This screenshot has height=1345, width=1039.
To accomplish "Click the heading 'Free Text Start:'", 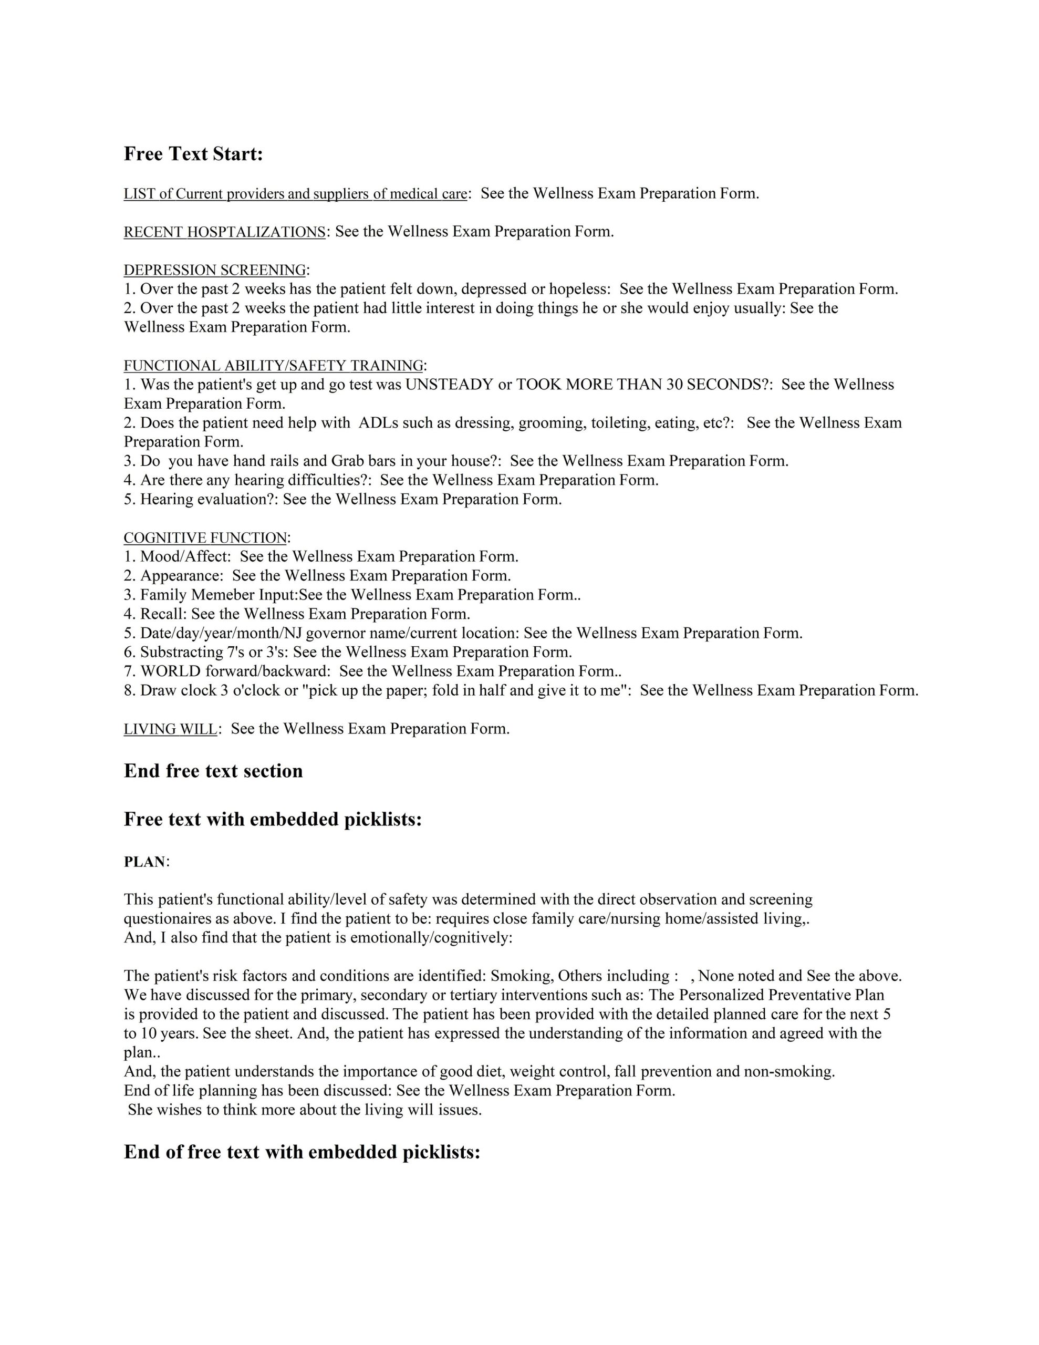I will coord(193,154).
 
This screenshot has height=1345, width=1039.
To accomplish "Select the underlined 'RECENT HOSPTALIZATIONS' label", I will coord(225,232).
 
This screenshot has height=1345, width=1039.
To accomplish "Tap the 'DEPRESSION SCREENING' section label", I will coord(215,271).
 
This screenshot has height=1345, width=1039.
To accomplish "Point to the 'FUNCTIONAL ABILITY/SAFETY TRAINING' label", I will coord(274,366).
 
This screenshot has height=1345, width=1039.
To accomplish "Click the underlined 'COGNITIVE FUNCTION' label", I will coord(205,537).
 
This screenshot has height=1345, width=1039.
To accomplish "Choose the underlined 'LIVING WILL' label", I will coord(171,729).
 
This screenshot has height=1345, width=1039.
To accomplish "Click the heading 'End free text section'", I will coord(213,771).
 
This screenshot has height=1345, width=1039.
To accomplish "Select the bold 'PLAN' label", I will coord(145,862).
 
